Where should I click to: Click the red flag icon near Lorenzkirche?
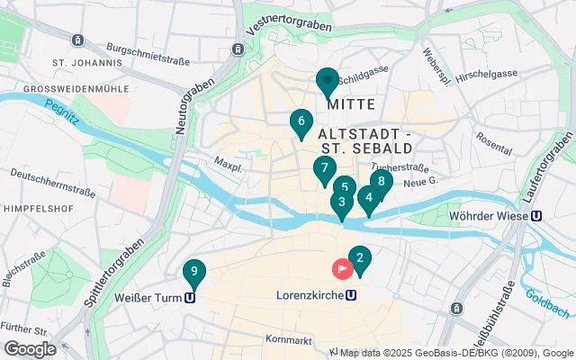point(343,268)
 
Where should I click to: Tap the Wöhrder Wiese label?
point(490,215)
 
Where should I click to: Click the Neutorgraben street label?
point(194,105)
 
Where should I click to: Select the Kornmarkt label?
point(289,339)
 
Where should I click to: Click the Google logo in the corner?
point(30,349)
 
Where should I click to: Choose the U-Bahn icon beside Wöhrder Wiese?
point(536,215)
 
